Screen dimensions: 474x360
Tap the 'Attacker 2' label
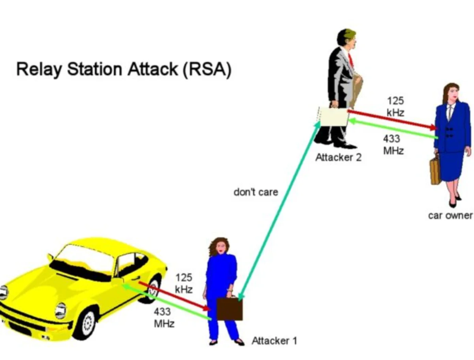[x=338, y=157]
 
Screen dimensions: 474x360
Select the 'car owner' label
[x=450, y=216]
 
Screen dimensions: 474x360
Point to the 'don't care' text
[x=256, y=192]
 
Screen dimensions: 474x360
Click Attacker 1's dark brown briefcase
[x=229, y=308]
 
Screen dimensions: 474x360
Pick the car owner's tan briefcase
[x=435, y=170]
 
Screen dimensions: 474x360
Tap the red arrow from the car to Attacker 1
[x=174, y=296]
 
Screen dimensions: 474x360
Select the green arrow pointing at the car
[x=167, y=302]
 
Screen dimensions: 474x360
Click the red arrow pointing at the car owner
[x=392, y=120]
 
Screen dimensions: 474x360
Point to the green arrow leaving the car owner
[x=393, y=129]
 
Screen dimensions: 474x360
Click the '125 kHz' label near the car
[x=184, y=283]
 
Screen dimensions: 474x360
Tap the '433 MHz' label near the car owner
[x=393, y=145]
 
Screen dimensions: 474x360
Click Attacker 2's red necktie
[x=351, y=59]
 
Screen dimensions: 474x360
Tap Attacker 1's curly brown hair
[x=218, y=245]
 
